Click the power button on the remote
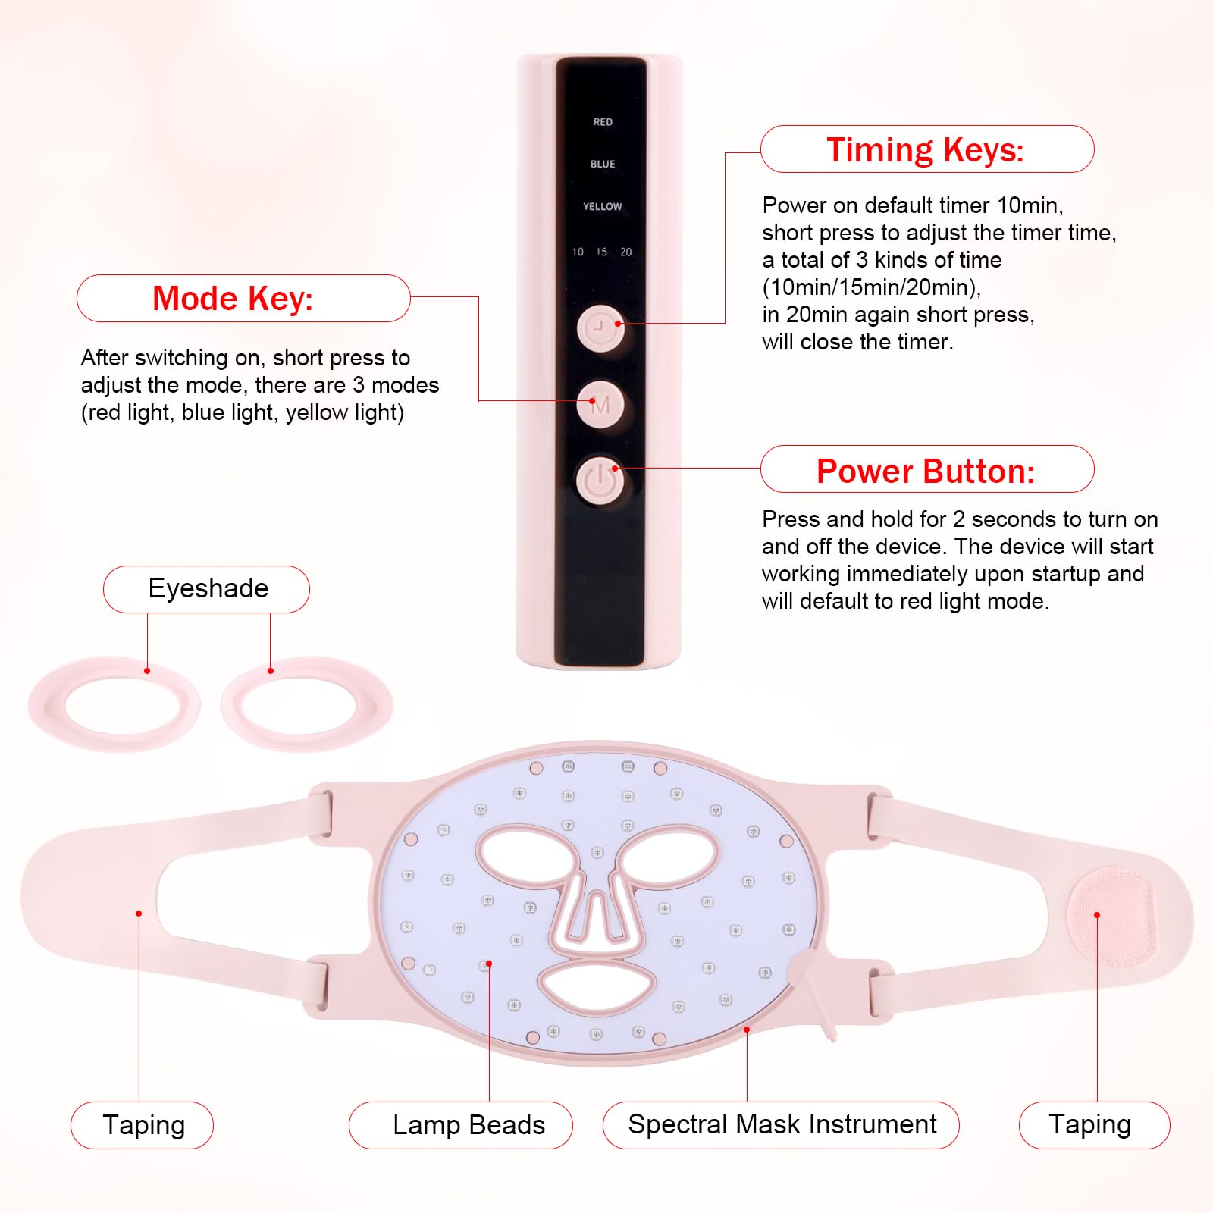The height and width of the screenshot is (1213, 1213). [x=600, y=480]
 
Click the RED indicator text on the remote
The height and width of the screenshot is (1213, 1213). [x=603, y=122]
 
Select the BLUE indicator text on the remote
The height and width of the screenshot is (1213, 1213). [x=603, y=165]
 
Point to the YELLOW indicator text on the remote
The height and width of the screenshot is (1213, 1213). [x=602, y=206]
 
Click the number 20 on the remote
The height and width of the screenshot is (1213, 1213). [x=625, y=252]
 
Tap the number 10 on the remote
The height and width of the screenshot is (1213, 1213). [x=578, y=252]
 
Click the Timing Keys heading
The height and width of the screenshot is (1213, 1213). [x=926, y=149]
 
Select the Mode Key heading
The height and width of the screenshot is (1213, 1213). [x=234, y=299]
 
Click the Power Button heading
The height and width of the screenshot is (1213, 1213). [x=926, y=471]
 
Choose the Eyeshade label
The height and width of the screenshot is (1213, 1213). [x=208, y=588]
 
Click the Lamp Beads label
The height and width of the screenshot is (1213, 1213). [x=469, y=1125]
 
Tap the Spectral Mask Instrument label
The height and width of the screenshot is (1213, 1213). [x=782, y=1124]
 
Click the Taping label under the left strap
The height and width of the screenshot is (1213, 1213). [x=143, y=1125]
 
